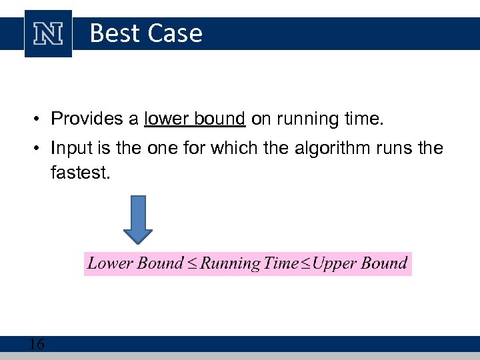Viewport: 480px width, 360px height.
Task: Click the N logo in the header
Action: pos(48,34)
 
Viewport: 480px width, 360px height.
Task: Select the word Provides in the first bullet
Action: pos(93,119)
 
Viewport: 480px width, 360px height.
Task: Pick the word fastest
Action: pos(78,173)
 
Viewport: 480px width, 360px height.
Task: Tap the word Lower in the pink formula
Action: pos(110,263)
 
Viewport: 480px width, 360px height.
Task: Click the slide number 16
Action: pos(37,344)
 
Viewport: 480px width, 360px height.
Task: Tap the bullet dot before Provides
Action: pos(40,120)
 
